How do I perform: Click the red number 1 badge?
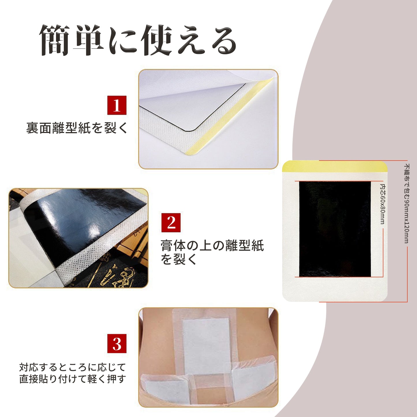pos(117,105)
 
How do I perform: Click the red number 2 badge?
pos(171,222)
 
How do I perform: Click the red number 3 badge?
pos(117,343)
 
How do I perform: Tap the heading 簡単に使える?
pos(138,40)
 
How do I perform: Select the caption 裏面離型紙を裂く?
pos(77,128)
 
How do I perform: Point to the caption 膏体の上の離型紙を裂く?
pos(212,252)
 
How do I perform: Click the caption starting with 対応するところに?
pos(73,373)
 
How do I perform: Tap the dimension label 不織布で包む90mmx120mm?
pos(407,203)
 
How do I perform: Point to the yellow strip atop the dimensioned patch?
pos(335,167)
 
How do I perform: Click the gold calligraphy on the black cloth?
pos(115,274)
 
